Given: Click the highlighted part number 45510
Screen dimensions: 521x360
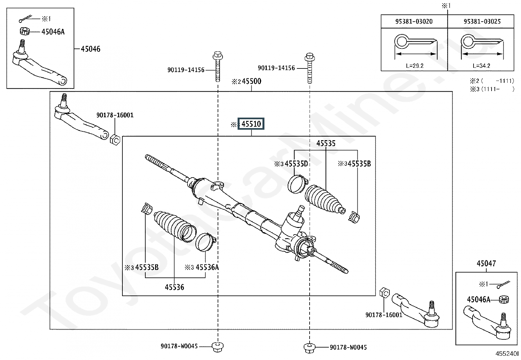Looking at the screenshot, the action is pos(251,123).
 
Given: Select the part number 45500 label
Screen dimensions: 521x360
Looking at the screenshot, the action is pos(251,81).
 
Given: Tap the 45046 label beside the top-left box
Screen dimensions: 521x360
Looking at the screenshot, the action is pos(90,49).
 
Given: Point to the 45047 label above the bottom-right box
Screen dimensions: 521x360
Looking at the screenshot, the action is pos(486,263).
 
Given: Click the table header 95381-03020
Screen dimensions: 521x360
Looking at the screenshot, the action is pos(414,21).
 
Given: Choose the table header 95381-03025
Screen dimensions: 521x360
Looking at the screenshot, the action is pos(482,21).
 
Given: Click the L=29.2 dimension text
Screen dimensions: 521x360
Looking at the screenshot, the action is pos(415,66).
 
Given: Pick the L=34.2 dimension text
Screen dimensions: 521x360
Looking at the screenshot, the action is pos(481,66).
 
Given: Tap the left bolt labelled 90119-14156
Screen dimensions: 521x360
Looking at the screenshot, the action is pos(218,66).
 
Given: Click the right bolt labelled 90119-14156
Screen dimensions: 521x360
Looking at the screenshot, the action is pos(310,68).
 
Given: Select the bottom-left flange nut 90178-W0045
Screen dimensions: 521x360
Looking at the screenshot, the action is pos(218,347).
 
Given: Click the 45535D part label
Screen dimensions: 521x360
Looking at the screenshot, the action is pos(296,164).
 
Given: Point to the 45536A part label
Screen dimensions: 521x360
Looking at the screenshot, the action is pos(207,267).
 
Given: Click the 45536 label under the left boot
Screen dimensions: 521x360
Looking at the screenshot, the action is pos(174,287).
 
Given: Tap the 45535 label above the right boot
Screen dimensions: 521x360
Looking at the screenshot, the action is pos(326,143).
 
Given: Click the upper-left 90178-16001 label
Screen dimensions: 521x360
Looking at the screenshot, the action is pos(115,115).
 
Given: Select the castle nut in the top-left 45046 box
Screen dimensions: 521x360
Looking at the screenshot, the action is pos(24,31).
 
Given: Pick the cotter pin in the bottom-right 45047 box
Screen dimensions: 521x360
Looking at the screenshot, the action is pos(503,285).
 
